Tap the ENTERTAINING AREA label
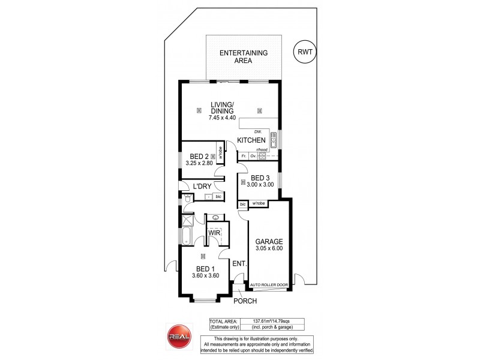pyautogui.click(x=244, y=56)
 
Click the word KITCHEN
pyautogui.click(x=251, y=140)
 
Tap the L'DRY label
pyautogui.click(x=196, y=187)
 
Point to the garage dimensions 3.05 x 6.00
pyautogui.click(x=268, y=248)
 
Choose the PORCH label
pyautogui.click(x=246, y=301)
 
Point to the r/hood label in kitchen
pyautogui.click(x=261, y=149)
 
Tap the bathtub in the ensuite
pyautogui.click(x=185, y=235)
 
